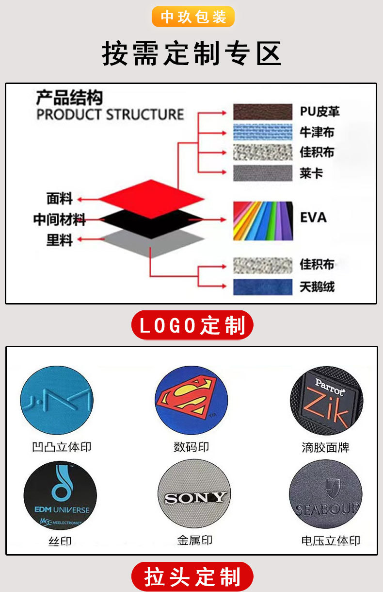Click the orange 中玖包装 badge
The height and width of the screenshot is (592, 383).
pyautogui.click(x=193, y=17)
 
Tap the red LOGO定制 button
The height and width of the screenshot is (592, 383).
pyautogui.click(x=192, y=325)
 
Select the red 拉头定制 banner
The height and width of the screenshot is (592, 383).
pyautogui.click(x=192, y=577)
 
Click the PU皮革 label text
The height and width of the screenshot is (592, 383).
pyautogui.click(x=319, y=112)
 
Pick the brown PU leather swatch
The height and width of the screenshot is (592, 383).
pyautogui.click(x=262, y=112)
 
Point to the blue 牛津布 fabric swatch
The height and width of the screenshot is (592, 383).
pyautogui.click(x=262, y=132)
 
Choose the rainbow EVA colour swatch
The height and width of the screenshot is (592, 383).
pyautogui.click(x=262, y=221)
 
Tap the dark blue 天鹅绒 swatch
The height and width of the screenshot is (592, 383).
pyautogui.click(x=262, y=287)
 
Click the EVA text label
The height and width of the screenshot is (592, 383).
pyautogui.click(x=313, y=217)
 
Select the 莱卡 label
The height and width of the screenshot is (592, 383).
pyautogui.click(x=311, y=173)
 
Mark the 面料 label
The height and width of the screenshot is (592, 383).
pyautogui.click(x=59, y=199)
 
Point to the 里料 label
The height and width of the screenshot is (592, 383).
pyautogui.click(x=59, y=239)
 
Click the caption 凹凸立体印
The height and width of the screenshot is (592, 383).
pyautogui.click(x=62, y=447)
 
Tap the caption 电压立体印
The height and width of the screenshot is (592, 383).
pyautogui.click(x=330, y=541)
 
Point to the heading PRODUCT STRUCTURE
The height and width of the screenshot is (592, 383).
pyautogui.click(x=111, y=115)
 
